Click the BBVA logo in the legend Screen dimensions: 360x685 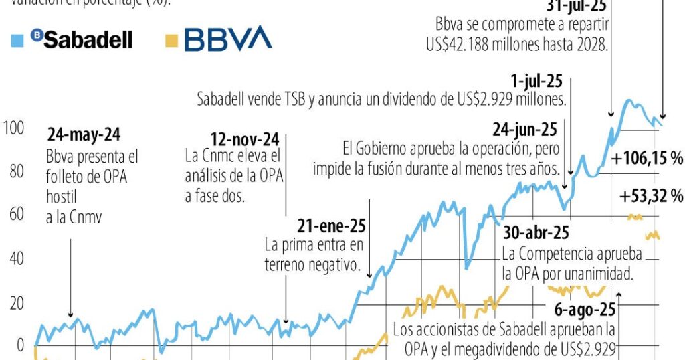pyautogui.click(x=228, y=39)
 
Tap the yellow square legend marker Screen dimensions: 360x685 pyautogui.click(x=171, y=40)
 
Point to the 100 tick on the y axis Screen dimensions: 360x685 pyautogui.click(x=13, y=127)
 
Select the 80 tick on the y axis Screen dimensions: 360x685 pyautogui.click(x=15, y=171)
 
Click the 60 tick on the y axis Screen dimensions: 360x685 pyautogui.click(x=15, y=215)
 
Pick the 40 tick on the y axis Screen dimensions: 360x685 pyautogui.click(x=15, y=259)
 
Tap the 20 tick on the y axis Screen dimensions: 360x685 pyautogui.click(x=15, y=303)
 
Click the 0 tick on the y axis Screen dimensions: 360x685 pyautogui.click(x=19, y=346)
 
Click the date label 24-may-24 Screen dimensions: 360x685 pyautogui.click(x=84, y=135)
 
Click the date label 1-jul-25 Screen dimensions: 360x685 pyautogui.click(x=536, y=82)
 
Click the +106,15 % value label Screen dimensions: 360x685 pyautogui.click(x=646, y=159)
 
